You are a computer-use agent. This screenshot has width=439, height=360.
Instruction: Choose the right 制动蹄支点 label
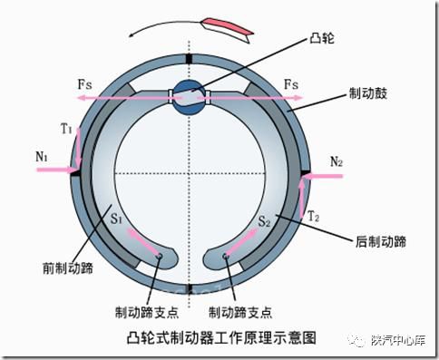pos(239,312)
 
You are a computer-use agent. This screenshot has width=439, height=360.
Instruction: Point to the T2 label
pos(314,218)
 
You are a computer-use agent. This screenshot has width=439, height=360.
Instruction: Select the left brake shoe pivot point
pos(160,257)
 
